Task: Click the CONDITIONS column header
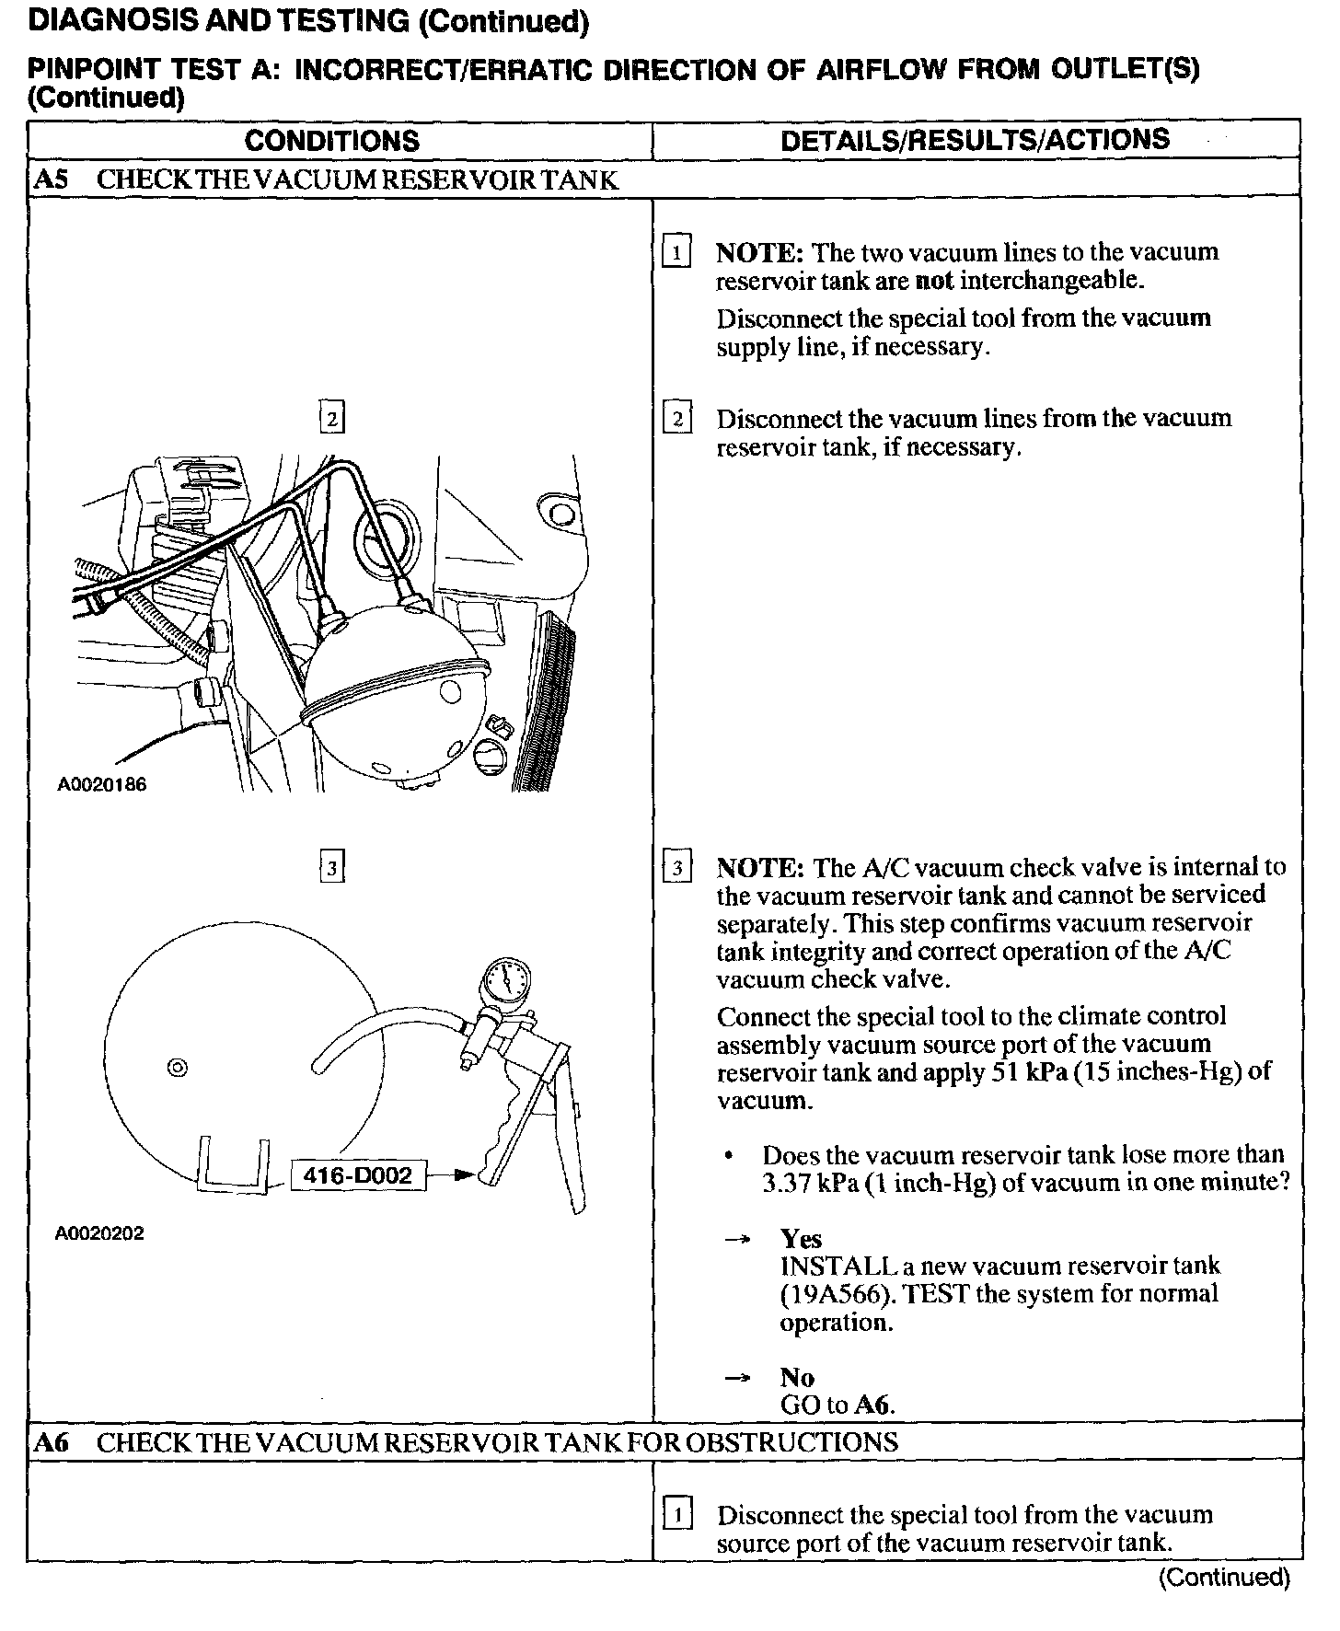(331, 140)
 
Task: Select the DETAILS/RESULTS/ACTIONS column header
(975, 139)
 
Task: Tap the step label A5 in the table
(51, 179)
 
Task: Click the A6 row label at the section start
(51, 1441)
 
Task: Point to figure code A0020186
(101, 784)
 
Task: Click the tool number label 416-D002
(358, 1175)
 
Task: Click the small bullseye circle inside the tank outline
(178, 1068)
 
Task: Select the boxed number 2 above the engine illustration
(331, 419)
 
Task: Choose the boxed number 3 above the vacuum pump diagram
(331, 867)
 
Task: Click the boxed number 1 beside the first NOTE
(676, 252)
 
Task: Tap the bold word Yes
(801, 1238)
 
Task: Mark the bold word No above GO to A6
(797, 1377)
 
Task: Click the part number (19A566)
(834, 1294)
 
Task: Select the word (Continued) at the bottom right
(1224, 1578)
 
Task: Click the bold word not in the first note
(934, 281)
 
